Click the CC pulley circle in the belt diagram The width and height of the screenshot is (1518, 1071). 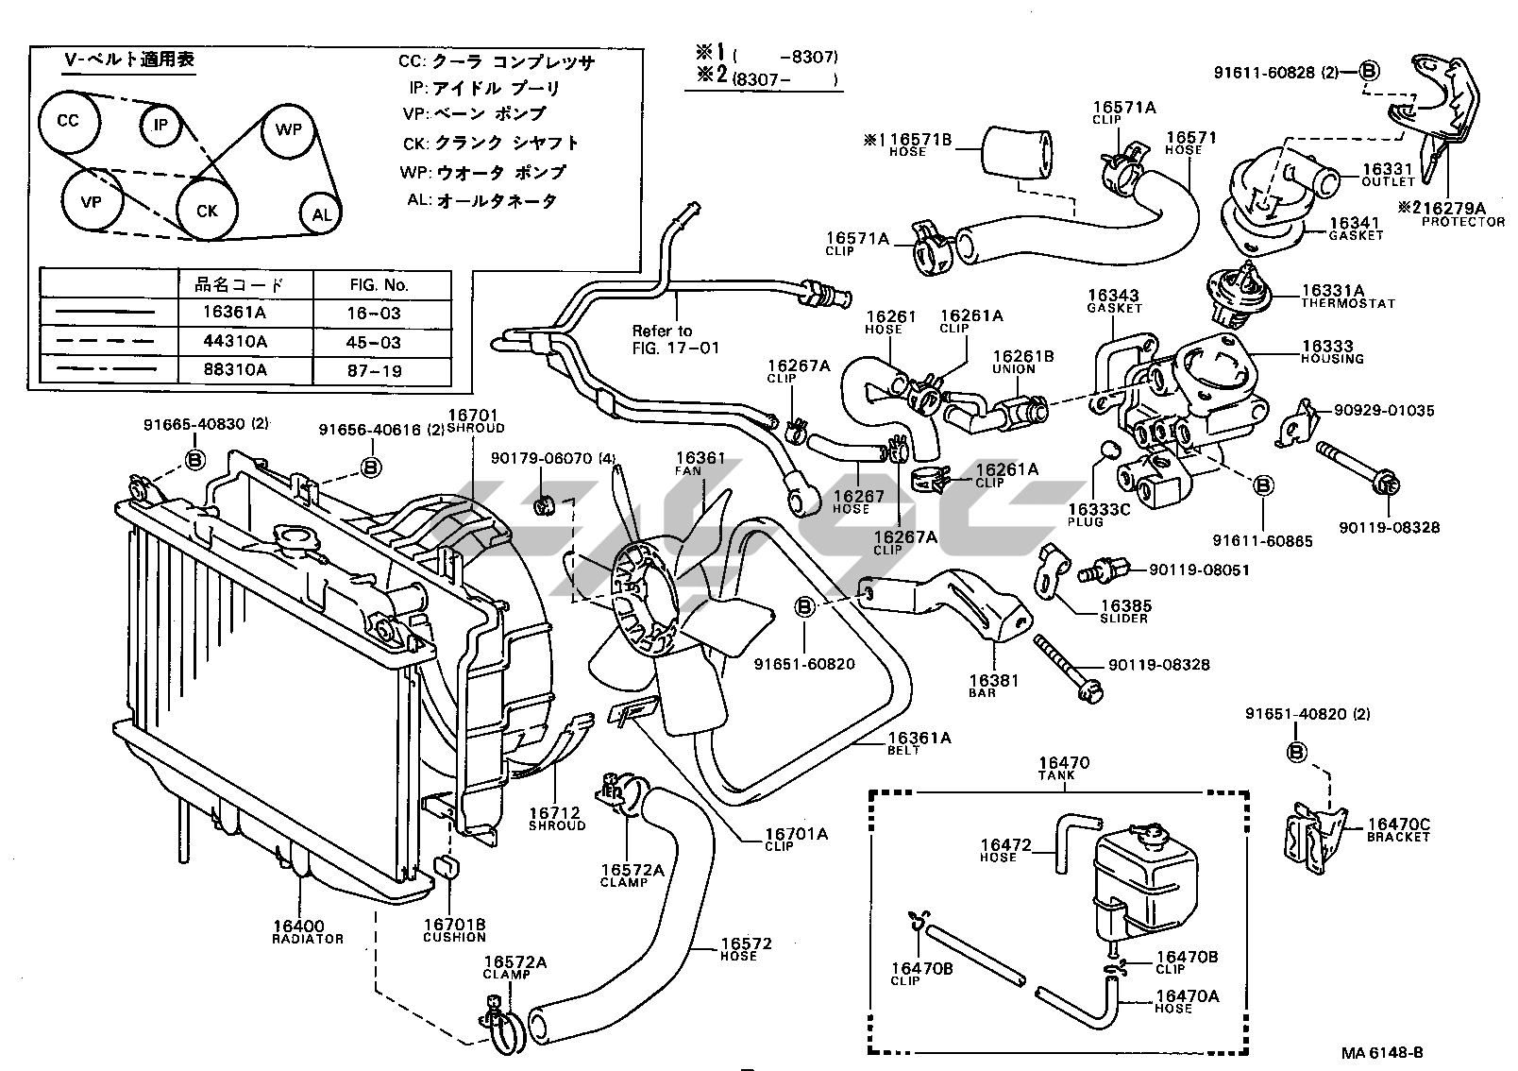68,122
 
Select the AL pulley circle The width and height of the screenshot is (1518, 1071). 322,214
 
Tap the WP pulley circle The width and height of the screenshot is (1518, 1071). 288,129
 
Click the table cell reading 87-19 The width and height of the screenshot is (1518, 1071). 375,370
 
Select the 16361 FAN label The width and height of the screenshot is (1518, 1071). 700,463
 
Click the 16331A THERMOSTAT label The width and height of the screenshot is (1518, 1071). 1339,297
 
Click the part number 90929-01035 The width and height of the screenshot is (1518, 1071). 1384,411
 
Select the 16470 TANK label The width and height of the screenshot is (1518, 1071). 1064,767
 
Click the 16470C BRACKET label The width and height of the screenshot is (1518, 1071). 1398,830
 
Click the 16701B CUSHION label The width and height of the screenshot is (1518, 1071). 453,930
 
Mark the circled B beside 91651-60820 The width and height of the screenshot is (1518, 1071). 804,606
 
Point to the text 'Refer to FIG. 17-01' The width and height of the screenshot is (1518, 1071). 675,339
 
